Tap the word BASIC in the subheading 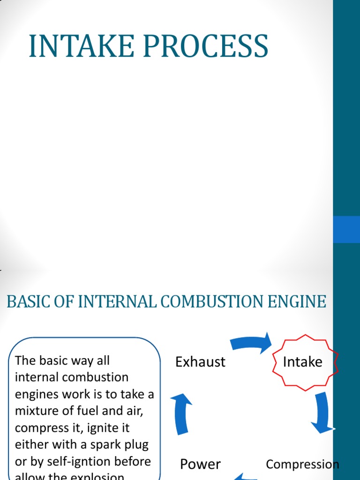point(26,301)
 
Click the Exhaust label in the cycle point(200,362)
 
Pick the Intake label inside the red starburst point(303,362)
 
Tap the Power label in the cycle point(200,464)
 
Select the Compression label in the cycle point(302,464)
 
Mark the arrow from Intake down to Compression point(322,411)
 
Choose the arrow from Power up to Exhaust point(181,412)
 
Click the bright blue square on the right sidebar point(346,229)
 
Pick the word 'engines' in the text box point(36,394)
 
